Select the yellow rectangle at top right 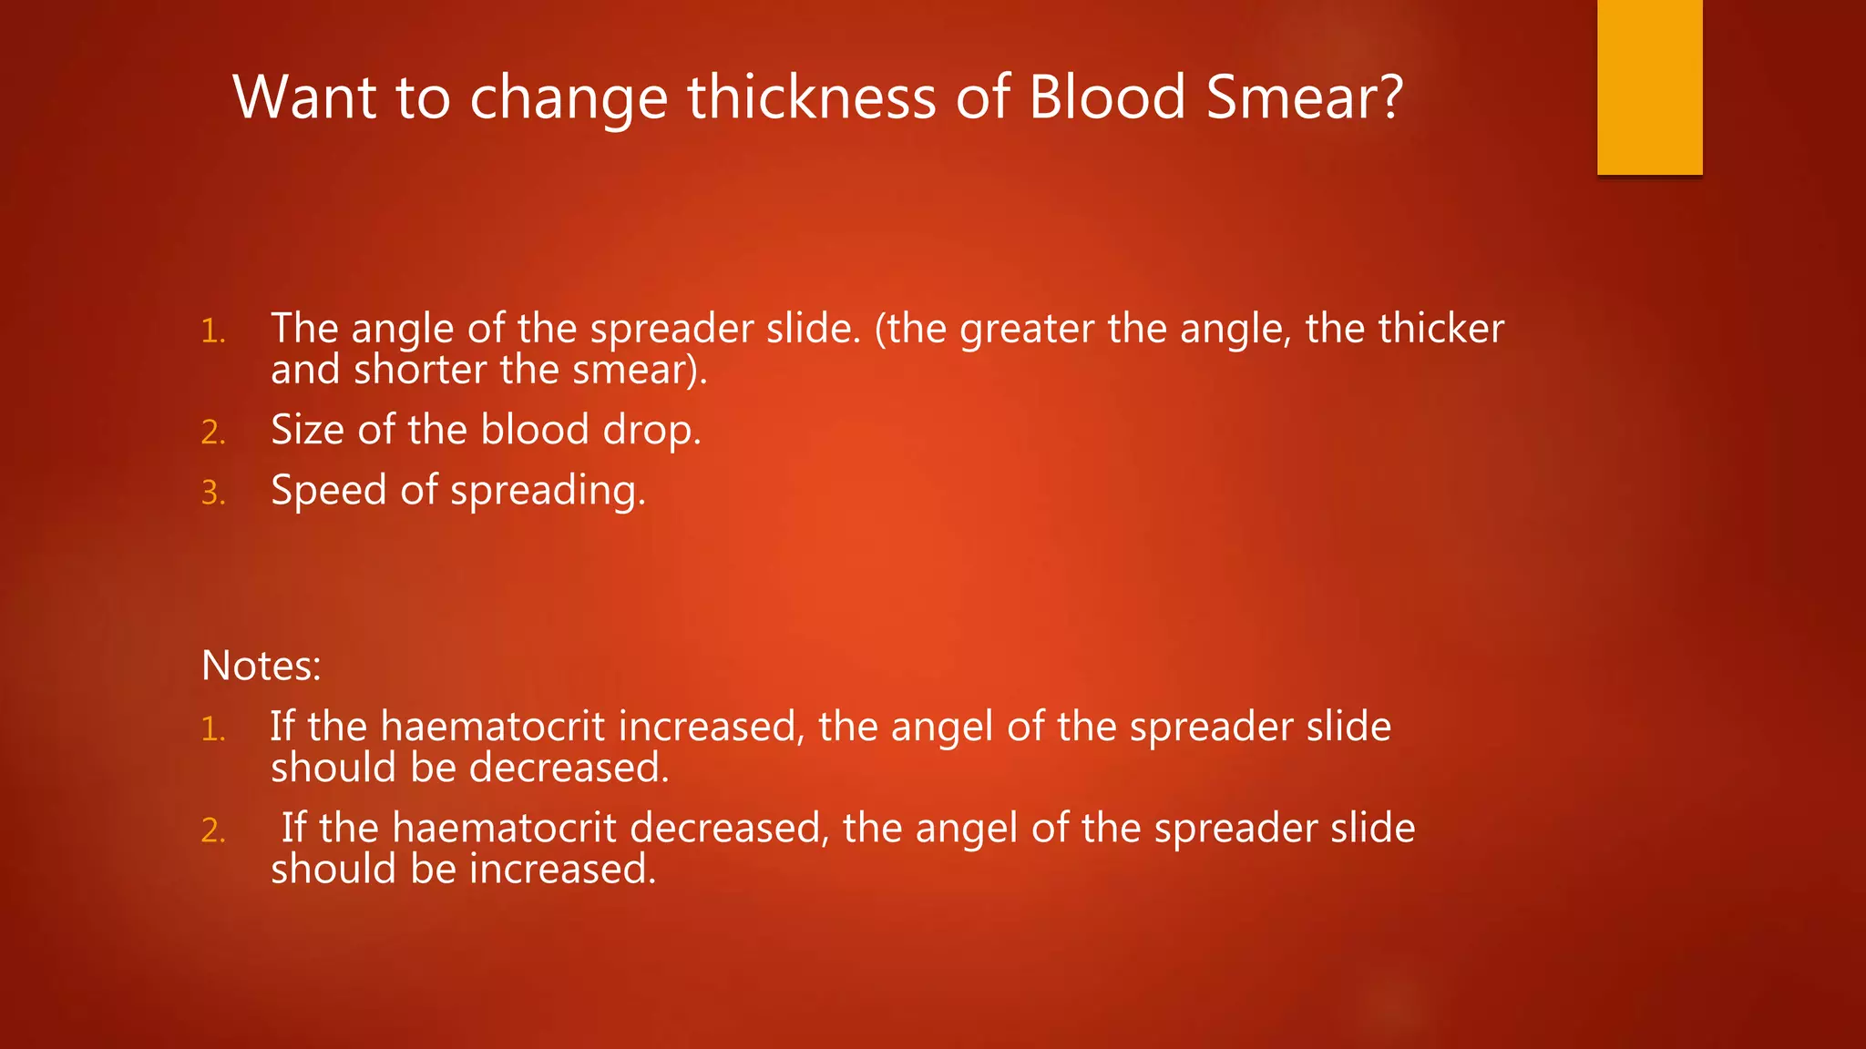tap(1649, 87)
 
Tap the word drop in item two tap(651, 430)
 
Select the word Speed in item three tap(329, 491)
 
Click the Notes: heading tap(261, 666)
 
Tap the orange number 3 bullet tap(212, 493)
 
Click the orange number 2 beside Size tap(212, 432)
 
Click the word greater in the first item tap(1027, 329)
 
